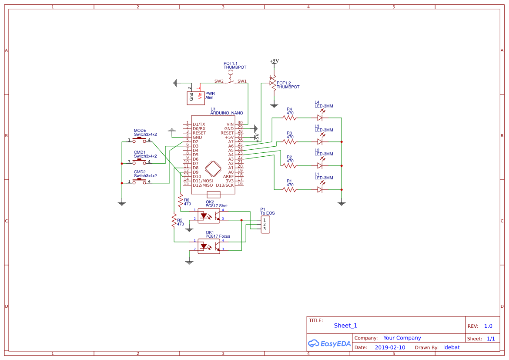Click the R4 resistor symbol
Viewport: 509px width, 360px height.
click(289, 118)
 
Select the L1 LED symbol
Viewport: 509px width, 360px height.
click(320, 189)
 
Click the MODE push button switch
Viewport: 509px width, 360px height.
click(139, 139)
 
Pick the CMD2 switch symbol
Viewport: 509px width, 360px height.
click(139, 181)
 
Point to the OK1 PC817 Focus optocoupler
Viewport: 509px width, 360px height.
click(209, 246)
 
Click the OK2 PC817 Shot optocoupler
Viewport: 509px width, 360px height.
click(209, 216)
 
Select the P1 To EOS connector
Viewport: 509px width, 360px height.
click(265, 224)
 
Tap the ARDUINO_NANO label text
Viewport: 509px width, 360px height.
click(227, 113)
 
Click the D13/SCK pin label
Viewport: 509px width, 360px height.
click(224, 185)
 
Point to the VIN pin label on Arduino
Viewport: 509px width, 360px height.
click(230, 124)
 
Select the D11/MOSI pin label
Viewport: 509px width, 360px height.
click(203, 180)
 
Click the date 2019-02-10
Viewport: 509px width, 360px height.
click(390, 347)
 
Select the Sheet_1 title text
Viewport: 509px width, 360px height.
click(345, 326)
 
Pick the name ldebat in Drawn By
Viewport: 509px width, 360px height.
click(451, 347)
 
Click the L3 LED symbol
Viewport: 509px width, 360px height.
click(320, 141)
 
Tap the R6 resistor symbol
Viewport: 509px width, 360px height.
click(181, 201)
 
